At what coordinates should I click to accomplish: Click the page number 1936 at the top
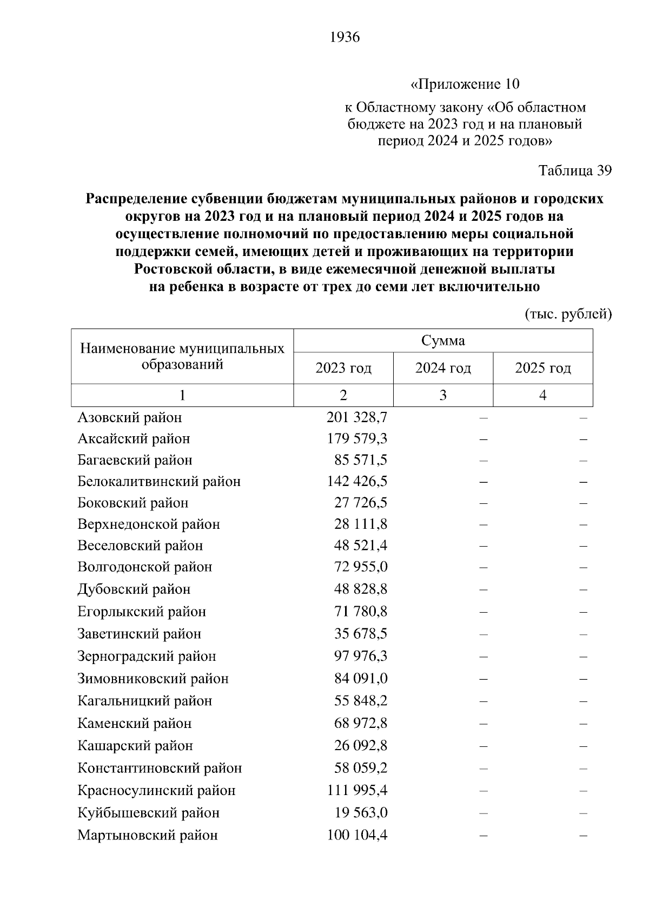[x=344, y=37]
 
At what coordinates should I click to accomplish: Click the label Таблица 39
[x=575, y=170]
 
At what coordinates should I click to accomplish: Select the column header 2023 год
[x=343, y=369]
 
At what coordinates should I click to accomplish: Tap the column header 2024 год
[x=443, y=369]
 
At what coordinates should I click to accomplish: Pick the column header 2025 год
[x=542, y=369]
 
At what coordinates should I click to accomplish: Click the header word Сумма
[x=443, y=341]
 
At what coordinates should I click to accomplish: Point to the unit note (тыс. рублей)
[x=568, y=314]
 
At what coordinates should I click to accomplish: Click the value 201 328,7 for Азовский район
[x=357, y=418]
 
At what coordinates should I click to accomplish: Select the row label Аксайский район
[x=134, y=438]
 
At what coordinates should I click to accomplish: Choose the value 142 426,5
[x=357, y=482]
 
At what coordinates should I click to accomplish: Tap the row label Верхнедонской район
[x=149, y=524]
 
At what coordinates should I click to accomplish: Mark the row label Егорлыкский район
[x=142, y=612]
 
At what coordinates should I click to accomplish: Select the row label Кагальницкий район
[x=144, y=701]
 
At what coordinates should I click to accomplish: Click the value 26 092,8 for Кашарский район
[x=361, y=746]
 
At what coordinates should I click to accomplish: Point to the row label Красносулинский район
[x=156, y=791]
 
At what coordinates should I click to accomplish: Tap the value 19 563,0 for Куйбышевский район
[x=361, y=813]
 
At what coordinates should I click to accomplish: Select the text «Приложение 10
[x=465, y=84]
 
